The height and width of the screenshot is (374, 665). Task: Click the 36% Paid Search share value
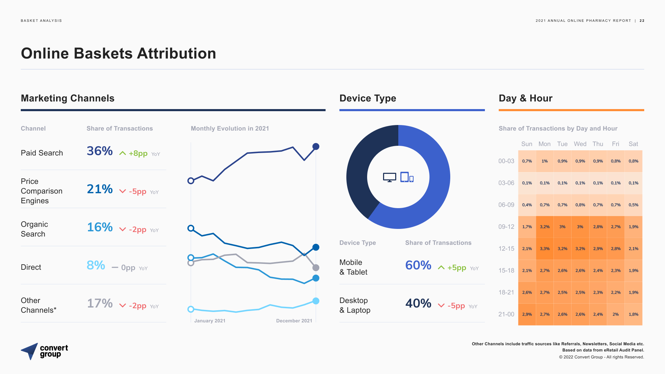click(100, 151)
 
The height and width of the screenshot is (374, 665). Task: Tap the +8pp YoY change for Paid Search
click(138, 153)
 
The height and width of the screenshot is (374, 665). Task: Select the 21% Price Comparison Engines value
click(100, 189)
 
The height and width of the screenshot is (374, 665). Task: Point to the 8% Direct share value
click(96, 265)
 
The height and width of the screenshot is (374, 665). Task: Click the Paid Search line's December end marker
click(316, 146)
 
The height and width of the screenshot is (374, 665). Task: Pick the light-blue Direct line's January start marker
click(190, 309)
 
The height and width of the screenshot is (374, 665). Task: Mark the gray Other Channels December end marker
click(316, 268)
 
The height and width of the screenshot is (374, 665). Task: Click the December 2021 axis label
click(294, 321)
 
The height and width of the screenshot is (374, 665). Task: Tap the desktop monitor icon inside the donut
click(389, 177)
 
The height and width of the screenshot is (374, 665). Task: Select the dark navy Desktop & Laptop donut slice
click(360, 173)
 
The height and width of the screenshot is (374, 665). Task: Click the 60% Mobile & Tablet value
click(418, 265)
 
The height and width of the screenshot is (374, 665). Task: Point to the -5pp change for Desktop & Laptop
click(456, 306)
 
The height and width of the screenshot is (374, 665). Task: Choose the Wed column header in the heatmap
click(580, 144)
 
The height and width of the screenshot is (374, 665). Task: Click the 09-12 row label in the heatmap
click(506, 227)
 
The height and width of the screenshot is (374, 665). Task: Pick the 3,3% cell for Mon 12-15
click(544, 249)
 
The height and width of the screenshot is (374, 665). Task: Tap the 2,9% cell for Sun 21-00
click(527, 314)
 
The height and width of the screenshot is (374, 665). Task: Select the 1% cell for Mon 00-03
click(544, 161)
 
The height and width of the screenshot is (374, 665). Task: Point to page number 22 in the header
click(642, 21)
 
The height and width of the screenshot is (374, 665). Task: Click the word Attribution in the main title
click(176, 54)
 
